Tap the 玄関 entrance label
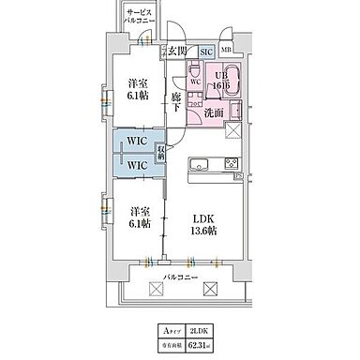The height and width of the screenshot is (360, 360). click(175, 52)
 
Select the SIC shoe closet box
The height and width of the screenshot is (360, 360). click(206, 53)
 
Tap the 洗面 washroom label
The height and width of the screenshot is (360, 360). click(214, 112)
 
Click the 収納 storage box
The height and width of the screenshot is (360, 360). click(161, 151)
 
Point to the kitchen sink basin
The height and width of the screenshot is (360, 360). click(199, 167)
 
